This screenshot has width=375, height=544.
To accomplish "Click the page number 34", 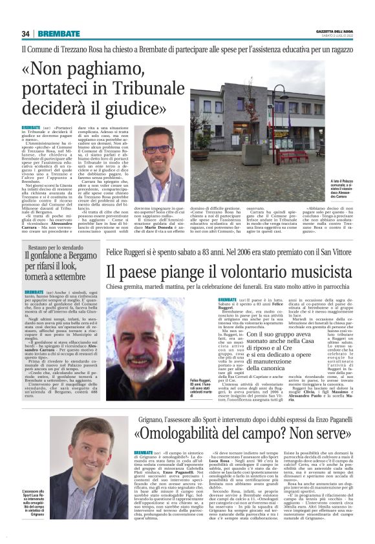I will coord(26,34).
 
